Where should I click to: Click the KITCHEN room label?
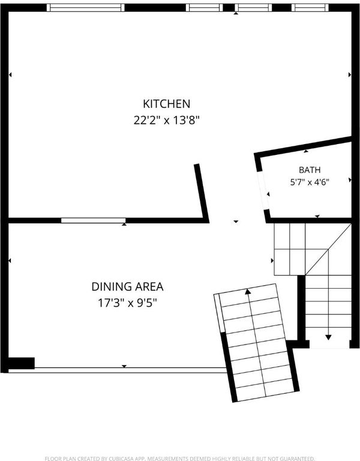[x=167, y=104]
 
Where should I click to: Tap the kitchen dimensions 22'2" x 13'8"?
[x=167, y=120]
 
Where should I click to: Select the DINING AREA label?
[x=128, y=287]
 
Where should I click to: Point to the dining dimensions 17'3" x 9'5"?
[x=128, y=303]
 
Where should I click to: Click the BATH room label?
[x=310, y=170]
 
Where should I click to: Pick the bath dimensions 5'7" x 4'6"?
[x=310, y=182]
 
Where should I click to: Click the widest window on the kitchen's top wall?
[x=86, y=8]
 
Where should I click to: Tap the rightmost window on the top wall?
[x=310, y=8]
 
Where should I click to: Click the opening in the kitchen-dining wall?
[x=94, y=220]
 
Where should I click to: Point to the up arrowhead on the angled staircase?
[x=248, y=291]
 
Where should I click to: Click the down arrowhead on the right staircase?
[x=328, y=337]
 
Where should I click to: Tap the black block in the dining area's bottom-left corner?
[x=22, y=363]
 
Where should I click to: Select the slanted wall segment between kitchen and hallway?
[x=202, y=193]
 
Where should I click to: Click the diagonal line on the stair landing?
[x=328, y=250]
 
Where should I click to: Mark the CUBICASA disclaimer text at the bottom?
[x=180, y=459]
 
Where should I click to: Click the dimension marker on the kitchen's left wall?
[x=10, y=74]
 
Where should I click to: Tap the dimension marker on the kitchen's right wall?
[x=350, y=74]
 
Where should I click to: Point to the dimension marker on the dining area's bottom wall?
[x=124, y=366]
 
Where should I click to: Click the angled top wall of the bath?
[x=303, y=148]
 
